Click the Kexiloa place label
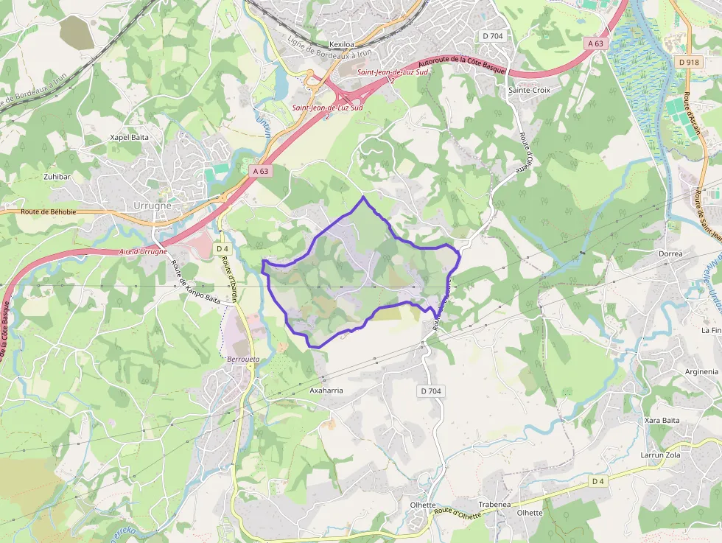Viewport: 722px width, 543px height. click(x=343, y=44)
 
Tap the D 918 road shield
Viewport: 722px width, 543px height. click(x=688, y=63)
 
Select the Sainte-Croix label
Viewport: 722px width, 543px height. click(x=529, y=90)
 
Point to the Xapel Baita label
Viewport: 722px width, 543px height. click(x=130, y=137)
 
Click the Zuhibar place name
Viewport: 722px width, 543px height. click(x=57, y=177)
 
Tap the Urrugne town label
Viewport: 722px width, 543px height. click(x=153, y=206)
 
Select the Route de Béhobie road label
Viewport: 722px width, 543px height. click(x=49, y=211)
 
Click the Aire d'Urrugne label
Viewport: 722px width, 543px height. click(x=143, y=252)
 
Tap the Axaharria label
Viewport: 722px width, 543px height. click(x=326, y=390)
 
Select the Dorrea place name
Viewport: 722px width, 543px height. click(x=670, y=253)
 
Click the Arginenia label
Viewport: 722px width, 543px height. click(x=701, y=372)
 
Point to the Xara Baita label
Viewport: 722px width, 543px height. click(x=662, y=420)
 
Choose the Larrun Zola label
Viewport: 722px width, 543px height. click(x=661, y=455)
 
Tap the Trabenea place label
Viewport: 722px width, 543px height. click(x=494, y=505)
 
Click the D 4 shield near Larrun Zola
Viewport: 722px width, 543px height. click(x=597, y=481)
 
